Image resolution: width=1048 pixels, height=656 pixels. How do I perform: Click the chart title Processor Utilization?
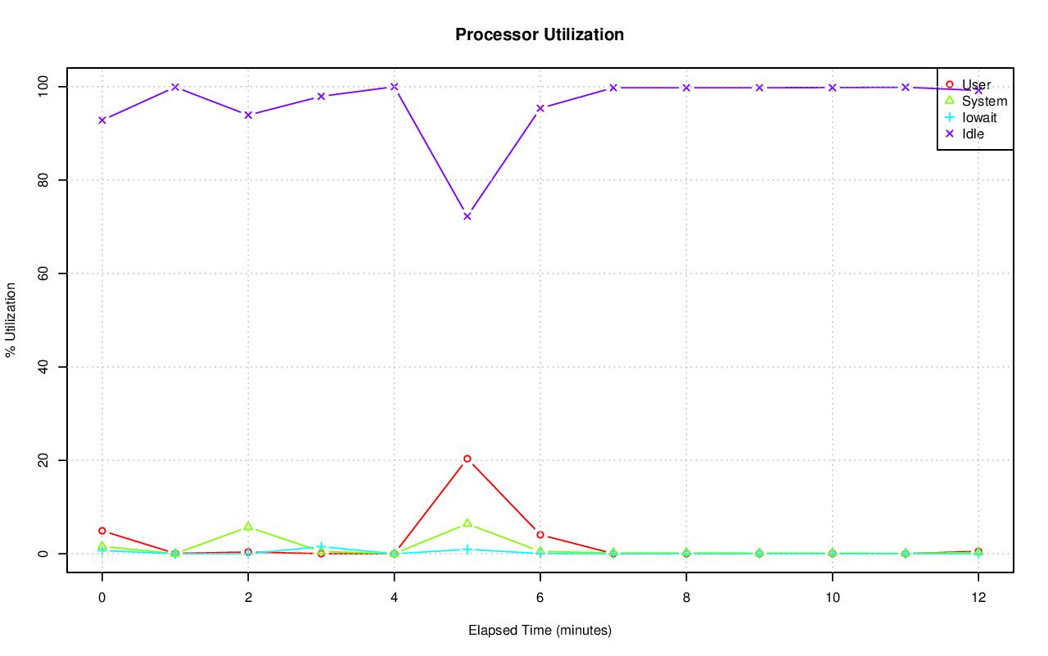(540, 34)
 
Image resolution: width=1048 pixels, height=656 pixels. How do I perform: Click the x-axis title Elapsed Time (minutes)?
(540, 631)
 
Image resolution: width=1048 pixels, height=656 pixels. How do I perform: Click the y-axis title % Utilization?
(11, 319)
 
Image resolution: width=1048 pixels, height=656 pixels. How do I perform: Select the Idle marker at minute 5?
(467, 216)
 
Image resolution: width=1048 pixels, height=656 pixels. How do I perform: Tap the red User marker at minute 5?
(467, 459)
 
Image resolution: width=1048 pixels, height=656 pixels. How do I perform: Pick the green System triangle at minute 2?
(248, 526)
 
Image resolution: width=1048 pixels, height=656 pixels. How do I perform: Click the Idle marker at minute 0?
(102, 120)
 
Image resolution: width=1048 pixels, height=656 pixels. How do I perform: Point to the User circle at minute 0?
(102, 531)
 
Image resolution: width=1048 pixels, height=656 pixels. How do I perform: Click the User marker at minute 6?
(540, 535)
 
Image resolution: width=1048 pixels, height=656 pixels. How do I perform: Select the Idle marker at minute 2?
(248, 115)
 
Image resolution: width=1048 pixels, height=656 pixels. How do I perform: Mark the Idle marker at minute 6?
(540, 108)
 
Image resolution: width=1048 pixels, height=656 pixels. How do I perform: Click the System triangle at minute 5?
(467, 523)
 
